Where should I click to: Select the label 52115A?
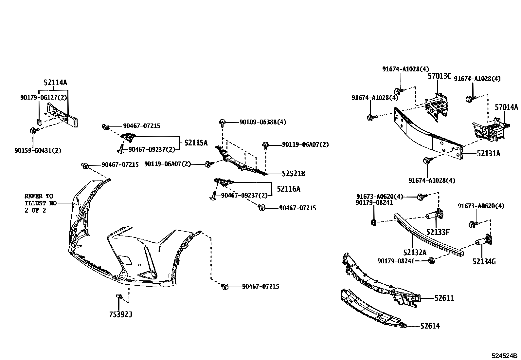click(x=196, y=143)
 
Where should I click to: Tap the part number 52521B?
click(x=293, y=174)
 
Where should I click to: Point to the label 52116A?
click(x=288, y=189)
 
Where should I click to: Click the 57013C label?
click(x=440, y=76)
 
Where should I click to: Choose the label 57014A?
click(x=506, y=107)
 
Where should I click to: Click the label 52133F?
click(x=438, y=232)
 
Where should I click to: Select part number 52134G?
click(x=484, y=262)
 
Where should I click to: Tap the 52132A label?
click(x=415, y=252)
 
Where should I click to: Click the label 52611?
click(x=444, y=298)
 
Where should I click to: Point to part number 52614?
click(x=430, y=326)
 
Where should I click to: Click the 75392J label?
click(x=121, y=314)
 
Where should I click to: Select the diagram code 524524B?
click(x=504, y=356)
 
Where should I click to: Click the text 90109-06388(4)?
click(x=263, y=122)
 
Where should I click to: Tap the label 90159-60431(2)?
click(x=38, y=150)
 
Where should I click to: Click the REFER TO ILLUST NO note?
click(x=39, y=203)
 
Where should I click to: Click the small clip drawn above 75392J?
click(x=119, y=296)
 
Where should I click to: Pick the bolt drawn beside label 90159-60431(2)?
click(x=34, y=131)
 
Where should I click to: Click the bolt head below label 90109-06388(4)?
click(x=222, y=123)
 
